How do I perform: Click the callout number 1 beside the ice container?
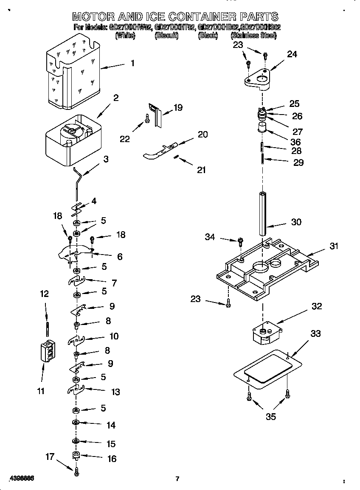(x=132, y=63)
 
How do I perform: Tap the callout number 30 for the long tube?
(x=296, y=222)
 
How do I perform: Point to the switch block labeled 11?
(x=47, y=351)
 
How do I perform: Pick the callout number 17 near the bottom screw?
(x=50, y=456)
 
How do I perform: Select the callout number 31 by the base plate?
(x=334, y=246)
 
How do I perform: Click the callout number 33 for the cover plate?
(x=315, y=334)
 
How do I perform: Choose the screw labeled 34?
(x=240, y=242)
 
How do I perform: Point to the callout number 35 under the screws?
(x=270, y=417)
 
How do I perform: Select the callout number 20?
(x=202, y=134)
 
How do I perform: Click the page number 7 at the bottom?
(x=177, y=479)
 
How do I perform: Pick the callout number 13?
(x=115, y=392)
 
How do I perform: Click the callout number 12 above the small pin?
(x=44, y=294)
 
